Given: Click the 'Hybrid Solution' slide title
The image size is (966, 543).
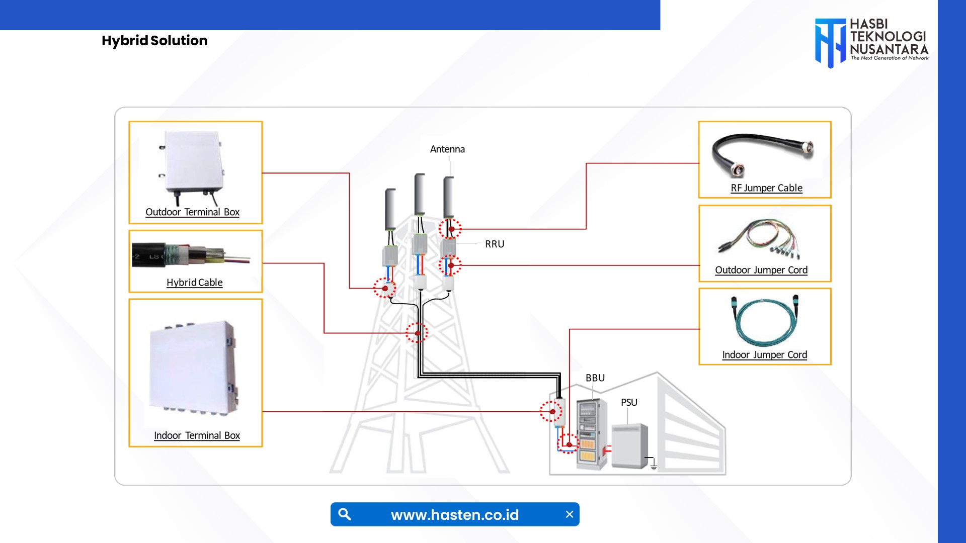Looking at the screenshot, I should (154, 41).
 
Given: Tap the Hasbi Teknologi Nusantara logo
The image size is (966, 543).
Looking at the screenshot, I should (871, 42).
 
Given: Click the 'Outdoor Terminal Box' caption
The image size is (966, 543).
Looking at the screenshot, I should (192, 212).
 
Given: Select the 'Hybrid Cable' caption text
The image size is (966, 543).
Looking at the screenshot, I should (194, 283).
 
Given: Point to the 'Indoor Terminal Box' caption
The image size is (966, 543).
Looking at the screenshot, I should (197, 435).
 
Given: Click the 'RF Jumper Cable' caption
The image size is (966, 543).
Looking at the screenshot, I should (766, 188).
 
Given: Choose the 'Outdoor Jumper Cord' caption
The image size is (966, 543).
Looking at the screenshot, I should (761, 270).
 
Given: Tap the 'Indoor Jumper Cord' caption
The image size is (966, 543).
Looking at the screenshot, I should (764, 355).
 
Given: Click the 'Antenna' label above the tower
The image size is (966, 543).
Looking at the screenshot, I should (447, 149).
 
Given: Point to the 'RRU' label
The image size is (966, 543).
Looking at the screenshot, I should (495, 244).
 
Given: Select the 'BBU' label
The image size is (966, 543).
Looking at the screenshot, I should (595, 378).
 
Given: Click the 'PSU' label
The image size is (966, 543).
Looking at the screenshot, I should (629, 403).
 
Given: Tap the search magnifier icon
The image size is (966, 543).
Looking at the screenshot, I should (345, 514).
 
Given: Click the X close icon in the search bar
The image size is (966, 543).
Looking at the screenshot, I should (570, 514).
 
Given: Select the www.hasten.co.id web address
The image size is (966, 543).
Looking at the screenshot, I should (455, 515).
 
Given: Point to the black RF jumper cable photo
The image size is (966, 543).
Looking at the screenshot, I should (762, 153).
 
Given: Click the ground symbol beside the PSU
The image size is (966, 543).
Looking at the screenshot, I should (653, 466).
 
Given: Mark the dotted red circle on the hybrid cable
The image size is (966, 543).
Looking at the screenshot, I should (417, 333).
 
